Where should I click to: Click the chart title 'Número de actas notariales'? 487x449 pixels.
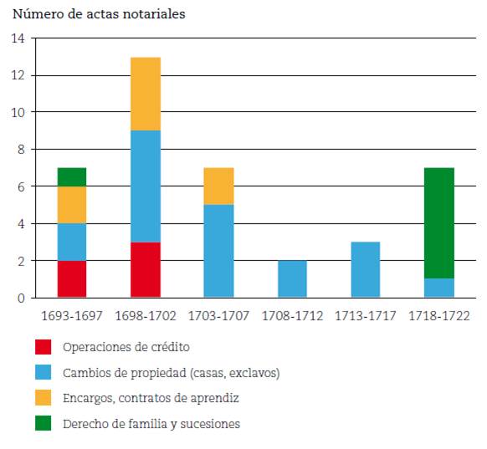[x=99, y=14]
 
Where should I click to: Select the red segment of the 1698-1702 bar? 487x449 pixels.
[x=146, y=269]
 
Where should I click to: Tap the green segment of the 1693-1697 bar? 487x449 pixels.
[x=72, y=176]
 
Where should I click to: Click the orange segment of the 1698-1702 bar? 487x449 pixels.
[x=146, y=94]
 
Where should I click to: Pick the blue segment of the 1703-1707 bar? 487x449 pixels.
[x=219, y=251]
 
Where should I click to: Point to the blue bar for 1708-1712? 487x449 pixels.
[x=293, y=278]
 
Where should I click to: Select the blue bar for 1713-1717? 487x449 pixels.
[x=366, y=269]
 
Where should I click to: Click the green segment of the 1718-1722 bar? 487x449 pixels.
[x=439, y=222]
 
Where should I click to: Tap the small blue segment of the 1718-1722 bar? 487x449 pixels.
[x=439, y=288]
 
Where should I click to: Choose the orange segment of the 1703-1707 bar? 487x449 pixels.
[x=219, y=186]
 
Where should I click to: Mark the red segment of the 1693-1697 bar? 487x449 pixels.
[x=72, y=278]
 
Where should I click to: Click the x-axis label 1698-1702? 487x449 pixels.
[x=146, y=316]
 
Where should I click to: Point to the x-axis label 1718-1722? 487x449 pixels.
[x=439, y=316]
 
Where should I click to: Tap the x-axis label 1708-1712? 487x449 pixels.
[x=293, y=316]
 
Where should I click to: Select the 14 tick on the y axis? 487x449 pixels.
[x=18, y=38]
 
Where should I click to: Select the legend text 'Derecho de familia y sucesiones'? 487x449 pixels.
[x=151, y=424]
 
